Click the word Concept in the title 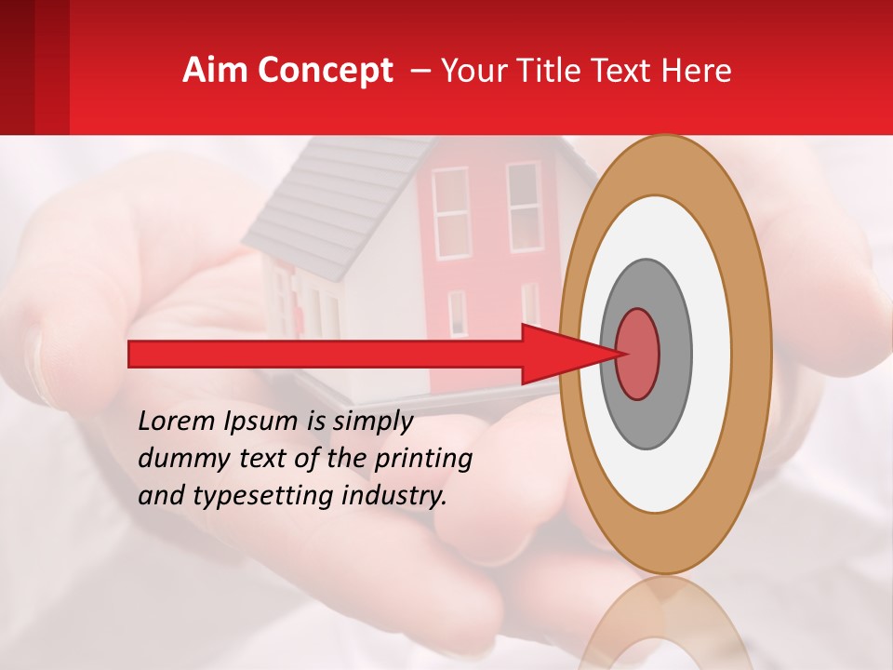coord(325,71)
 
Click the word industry coord(394,497)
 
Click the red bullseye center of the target coord(638,354)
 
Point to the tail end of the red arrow coord(135,354)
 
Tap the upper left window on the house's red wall coord(451,212)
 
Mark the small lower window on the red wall coord(457,313)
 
